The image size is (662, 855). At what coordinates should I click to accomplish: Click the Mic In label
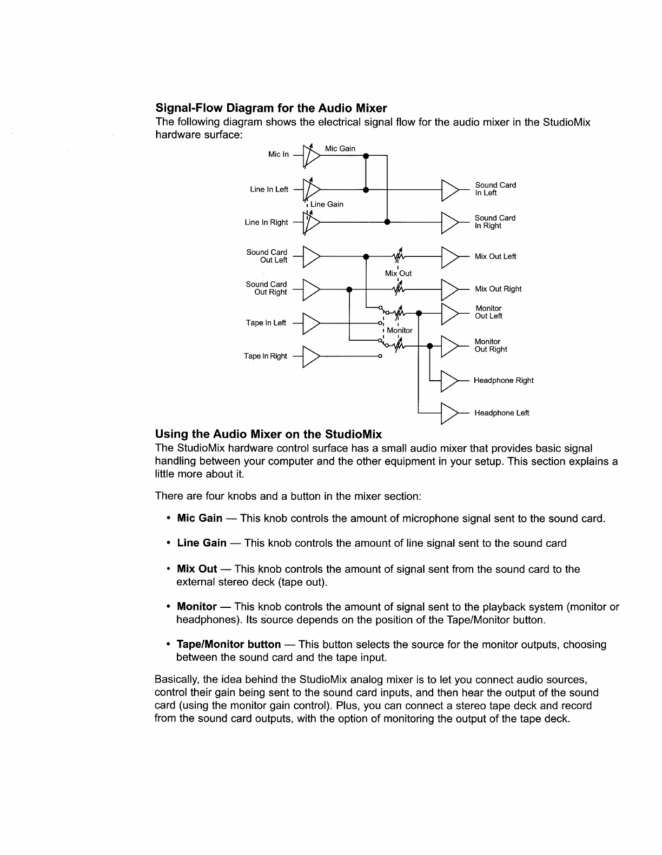point(279,154)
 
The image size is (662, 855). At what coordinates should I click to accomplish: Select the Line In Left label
point(269,189)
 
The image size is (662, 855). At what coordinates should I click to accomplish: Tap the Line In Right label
point(266,222)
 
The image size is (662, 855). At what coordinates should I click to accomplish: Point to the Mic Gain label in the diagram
point(340,148)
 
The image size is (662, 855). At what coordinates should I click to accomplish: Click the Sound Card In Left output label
point(495,189)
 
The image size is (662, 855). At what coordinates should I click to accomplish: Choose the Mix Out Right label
point(498,289)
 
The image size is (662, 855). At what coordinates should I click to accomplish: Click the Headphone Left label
point(501,413)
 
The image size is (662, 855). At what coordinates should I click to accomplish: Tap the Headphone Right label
point(503,380)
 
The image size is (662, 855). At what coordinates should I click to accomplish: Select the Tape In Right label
point(265,356)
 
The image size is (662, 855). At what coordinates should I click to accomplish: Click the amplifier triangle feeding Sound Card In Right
point(450,222)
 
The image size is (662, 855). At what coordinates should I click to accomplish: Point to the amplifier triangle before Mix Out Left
point(450,256)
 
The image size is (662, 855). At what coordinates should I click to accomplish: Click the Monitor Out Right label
point(490,345)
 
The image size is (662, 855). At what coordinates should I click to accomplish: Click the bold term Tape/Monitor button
point(229,644)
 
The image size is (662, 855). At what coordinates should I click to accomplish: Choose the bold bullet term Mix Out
point(197,569)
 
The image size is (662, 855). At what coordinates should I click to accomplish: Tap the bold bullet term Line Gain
point(202,543)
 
